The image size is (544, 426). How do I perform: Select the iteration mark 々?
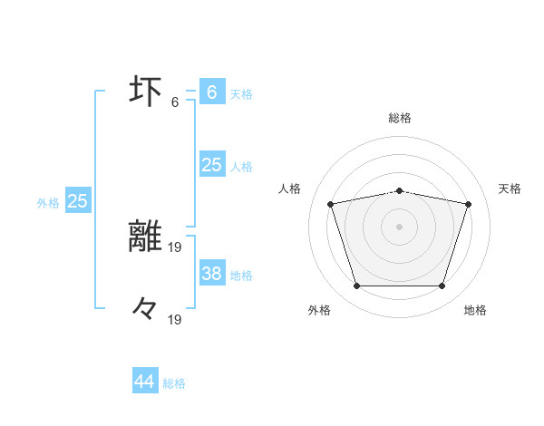tap(145, 310)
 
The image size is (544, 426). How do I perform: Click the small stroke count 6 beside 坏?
tap(175, 102)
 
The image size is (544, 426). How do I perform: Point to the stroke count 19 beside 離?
tap(175, 246)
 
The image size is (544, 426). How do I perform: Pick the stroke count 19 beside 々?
tap(175, 319)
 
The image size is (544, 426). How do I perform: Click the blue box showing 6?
tap(211, 92)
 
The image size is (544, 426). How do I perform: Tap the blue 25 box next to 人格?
tap(211, 165)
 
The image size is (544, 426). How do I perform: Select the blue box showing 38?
tap(211, 274)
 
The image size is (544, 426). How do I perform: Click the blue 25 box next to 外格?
tap(77, 201)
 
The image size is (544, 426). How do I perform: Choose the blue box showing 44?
tap(145, 382)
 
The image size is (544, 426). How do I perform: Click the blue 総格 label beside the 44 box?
tap(174, 383)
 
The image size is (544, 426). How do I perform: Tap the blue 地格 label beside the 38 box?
tap(241, 276)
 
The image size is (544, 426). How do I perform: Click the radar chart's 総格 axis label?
tap(400, 118)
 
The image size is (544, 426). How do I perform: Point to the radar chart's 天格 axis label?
tap(510, 189)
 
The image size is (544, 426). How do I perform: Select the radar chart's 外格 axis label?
tap(319, 310)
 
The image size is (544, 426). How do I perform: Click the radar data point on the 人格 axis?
tap(331, 205)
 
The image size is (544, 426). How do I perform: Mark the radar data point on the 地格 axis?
tap(442, 286)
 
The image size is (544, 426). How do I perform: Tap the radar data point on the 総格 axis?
tap(400, 190)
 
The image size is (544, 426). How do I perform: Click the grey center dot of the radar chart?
tap(400, 227)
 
